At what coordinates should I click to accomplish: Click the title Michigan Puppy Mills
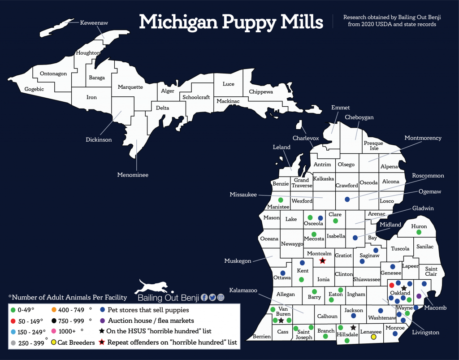coord(231,21)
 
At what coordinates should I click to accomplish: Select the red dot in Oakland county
coord(391,285)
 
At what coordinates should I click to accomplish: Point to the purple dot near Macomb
coord(419,296)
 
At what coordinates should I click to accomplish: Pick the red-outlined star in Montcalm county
coord(322,260)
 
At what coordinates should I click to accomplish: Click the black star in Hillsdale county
coord(353,328)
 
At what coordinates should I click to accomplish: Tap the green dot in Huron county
coord(419,232)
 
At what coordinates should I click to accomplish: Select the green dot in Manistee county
coord(281,200)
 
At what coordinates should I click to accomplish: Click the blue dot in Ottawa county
coord(282,273)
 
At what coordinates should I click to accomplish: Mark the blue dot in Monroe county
coord(395,334)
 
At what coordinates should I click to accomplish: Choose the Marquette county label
coord(130,87)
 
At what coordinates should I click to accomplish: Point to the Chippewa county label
coord(261,92)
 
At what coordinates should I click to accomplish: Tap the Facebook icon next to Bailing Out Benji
coord(204,297)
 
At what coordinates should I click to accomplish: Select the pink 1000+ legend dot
coord(54,331)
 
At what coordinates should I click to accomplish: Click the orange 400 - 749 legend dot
coord(54,310)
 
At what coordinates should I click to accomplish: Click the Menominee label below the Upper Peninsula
coord(133,175)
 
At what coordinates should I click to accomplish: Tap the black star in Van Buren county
coord(281,321)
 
